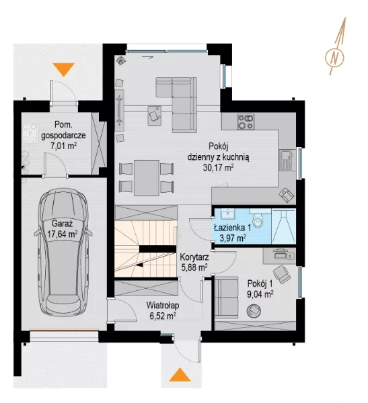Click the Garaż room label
pyautogui.click(x=62, y=224)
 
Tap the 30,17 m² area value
pyautogui.click(x=219, y=167)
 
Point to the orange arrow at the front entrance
pyautogui.click(x=180, y=375)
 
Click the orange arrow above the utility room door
pyautogui.click(x=64, y=70)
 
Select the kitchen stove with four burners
pyautogui.click(x=246, y=122)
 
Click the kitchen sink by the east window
pyautogui.click(x=286, y=160)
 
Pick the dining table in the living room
pyautogui.click(x=146, y=178)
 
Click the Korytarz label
pyautogui.click(x=194, y=257)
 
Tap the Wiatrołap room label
pyautogui.click(x=163, y=306)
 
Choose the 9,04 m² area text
pyautogui.click(x=260, y=294)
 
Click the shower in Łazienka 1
pyautogui.click(x=283, y=226)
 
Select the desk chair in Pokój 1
pyautogui.click(x=281, y=274)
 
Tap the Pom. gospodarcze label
pyautogui.click(x=63, y=130)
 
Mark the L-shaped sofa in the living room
pyautogui.click(x=176, y=104)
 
